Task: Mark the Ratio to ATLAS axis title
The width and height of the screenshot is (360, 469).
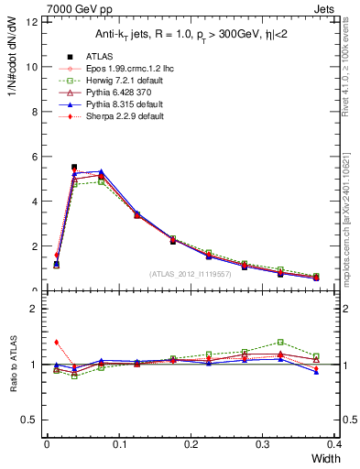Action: click(13, 362)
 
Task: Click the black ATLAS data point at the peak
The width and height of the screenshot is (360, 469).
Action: click(74, 168)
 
